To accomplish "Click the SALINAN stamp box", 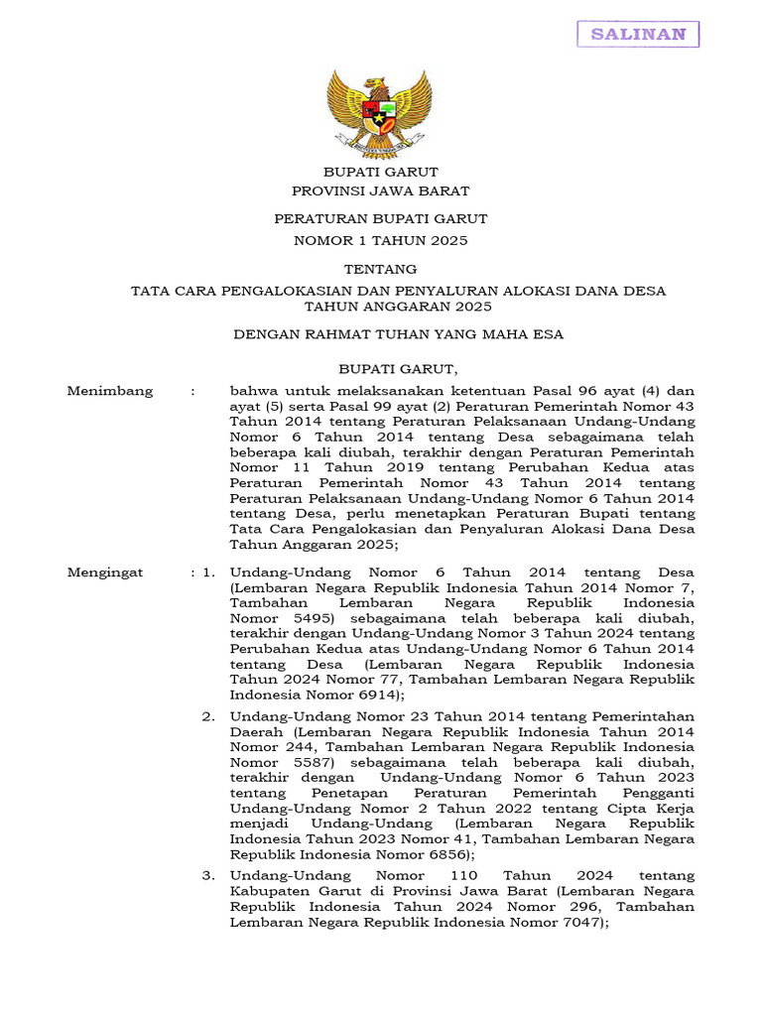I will pos(638,34).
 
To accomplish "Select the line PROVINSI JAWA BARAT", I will pos(380,190).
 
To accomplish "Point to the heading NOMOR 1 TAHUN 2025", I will pos(380,240).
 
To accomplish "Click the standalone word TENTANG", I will pos(380,269).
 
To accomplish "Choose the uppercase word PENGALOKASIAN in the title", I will pos(289,291).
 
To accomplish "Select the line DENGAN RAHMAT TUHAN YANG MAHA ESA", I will pos(398,334).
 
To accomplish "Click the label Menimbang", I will pos(109,391).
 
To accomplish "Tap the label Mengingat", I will pos(104,572).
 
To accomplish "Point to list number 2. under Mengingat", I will pos(208,715).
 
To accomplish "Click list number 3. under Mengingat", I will pos(208,875).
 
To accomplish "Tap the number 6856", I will pos(442,854).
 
